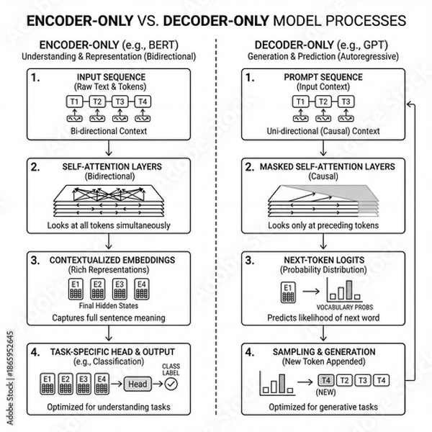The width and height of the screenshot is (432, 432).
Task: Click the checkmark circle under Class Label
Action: point(171,385)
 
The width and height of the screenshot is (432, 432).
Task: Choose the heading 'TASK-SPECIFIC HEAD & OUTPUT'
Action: point(107,351)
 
